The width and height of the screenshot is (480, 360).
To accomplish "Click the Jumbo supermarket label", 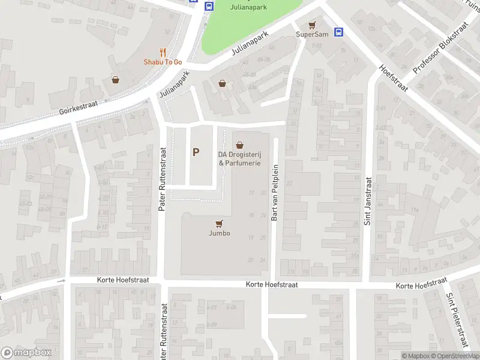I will pyautogui.click(x=220, y=233).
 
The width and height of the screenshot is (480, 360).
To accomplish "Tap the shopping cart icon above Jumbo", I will pyautogui.click(x=220, y=224).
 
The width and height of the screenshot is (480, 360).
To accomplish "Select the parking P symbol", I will pyautogui.click(x=196, y=152).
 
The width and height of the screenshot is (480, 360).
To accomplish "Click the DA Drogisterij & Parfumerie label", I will pyautogui.click(x=239, y=158).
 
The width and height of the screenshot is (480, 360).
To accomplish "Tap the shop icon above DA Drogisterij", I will pyautogui.click(x=240, y=145).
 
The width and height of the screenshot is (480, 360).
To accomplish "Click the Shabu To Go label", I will pyautogui.click(x=162, y=62).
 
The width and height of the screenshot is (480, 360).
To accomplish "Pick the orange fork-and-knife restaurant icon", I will pyautogui.click(x=163, y=53).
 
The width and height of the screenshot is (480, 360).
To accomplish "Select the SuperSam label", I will pyautogui.click(x=312, y=34).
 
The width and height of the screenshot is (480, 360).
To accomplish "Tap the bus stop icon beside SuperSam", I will pyautogui.click(x=338, y=32).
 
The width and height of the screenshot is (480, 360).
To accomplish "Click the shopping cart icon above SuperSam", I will pyautogui.click(x=311, y=25).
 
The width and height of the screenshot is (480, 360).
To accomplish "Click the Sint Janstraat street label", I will pyautogui.click(x=368, y=200).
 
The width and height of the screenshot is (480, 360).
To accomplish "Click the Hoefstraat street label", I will pyautogui.click(x=394, y=79).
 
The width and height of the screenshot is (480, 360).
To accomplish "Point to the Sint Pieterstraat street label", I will pyautogui.click(x=457, y=319).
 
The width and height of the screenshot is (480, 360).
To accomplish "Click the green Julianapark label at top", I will pyautogui.click(x=249, y=7).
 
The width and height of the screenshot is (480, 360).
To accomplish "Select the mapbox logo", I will pyautogui.click(x=26, y=353).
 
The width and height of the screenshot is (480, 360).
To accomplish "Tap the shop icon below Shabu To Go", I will pyautogui.click(x=115, y=80).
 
